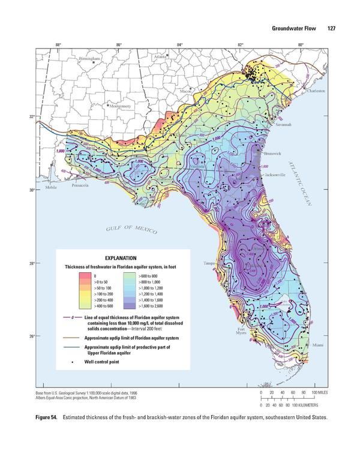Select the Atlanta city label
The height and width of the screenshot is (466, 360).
pyautogui.click(x=160, y=56)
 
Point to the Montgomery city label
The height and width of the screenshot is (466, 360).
pyautogui.click(x=122, y=106)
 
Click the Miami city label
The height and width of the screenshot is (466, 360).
pyautogui.click(x=317, y=345)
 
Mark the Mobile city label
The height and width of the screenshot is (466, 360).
pyautogui.click(x=53, y=188)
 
